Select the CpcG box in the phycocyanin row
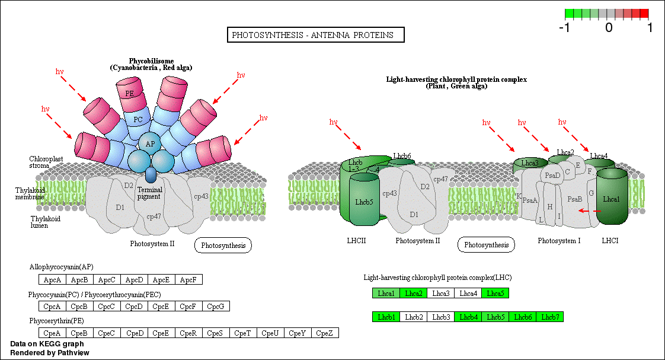216,307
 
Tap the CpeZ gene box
325,333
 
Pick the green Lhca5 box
495,293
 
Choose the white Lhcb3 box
441,317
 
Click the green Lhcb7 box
549,317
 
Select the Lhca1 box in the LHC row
386,293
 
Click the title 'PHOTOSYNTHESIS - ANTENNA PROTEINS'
316,35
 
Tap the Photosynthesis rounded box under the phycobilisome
223,245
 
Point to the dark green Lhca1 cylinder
611,199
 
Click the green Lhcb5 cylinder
364,202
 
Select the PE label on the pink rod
129,93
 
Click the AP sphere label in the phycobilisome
150,144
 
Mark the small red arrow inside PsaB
589,211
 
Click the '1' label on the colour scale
650,27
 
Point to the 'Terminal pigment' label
149,193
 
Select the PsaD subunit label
552,175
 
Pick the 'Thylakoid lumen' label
45,222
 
